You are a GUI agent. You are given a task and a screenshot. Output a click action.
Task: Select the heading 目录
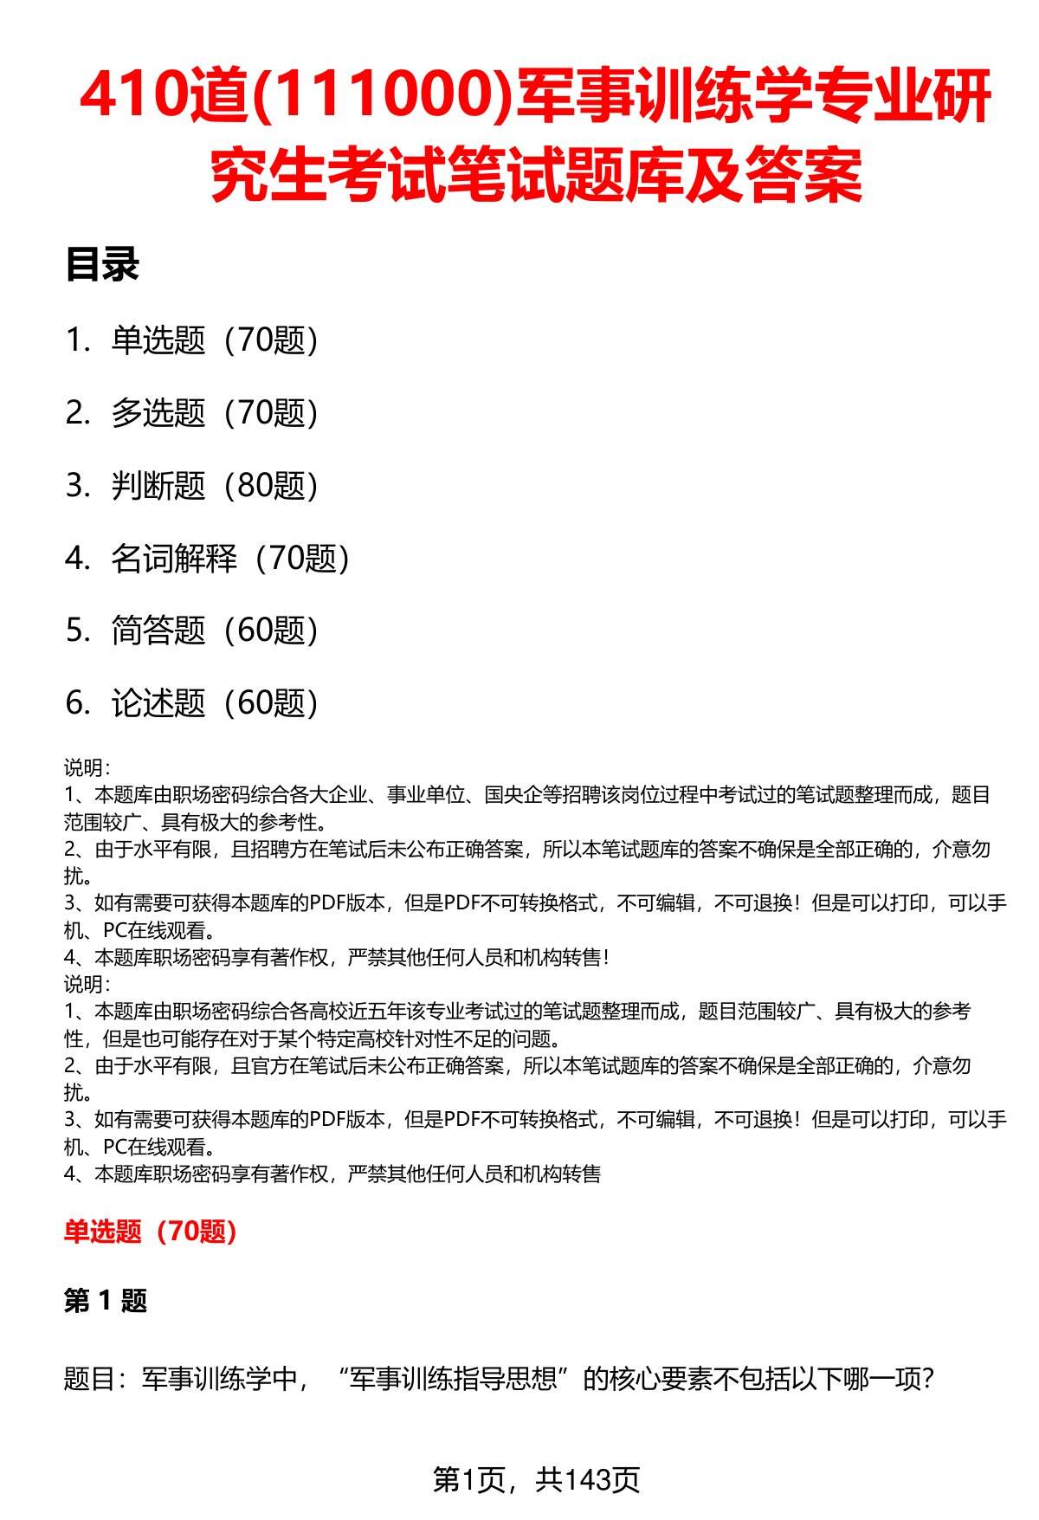point(102,266)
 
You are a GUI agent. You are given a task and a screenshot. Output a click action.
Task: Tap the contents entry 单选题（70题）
point(215,340)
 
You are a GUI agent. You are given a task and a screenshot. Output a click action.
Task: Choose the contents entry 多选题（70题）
point(215,413)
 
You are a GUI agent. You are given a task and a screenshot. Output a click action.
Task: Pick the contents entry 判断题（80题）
point(215,486)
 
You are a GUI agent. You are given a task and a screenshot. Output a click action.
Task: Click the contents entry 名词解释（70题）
point(230,559)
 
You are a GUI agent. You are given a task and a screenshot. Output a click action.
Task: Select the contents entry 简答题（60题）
point(215,631)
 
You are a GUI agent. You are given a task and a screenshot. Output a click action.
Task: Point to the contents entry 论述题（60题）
point(215,703)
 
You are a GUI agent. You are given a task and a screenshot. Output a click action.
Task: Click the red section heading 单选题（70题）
point(151,1231)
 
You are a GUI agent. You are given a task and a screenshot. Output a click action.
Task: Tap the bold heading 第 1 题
point(106,1300)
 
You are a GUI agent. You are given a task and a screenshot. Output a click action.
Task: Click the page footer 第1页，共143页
point(536,1479)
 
